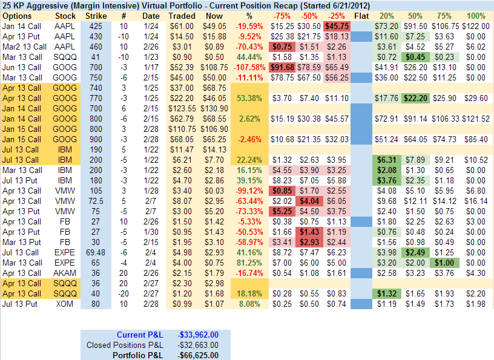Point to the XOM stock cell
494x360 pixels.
coord(65,304)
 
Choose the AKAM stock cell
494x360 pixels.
coord(65,272)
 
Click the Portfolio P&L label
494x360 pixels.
coord(138,355)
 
